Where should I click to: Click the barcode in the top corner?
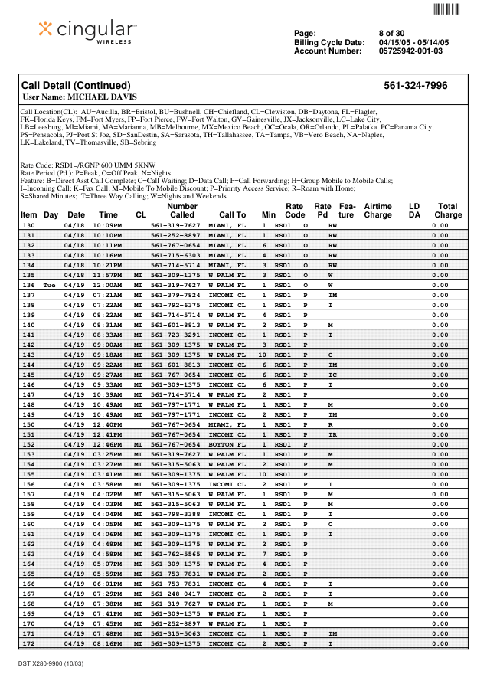pos(446,9)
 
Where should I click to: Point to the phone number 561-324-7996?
pos(415,86)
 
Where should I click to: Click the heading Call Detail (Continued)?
pos(76,86)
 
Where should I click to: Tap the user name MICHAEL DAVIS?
pos(80,97)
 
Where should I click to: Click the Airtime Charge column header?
pos(378,211)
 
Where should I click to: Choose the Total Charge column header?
pos(447,211)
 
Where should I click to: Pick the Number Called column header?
pos(182,211)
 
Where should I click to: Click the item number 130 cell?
pos(29,226)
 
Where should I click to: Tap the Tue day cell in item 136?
pos(50,284)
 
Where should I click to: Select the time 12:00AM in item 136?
pos(108,284)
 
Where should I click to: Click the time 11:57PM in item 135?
pos(108,275)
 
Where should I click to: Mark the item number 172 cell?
pos(29,643)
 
